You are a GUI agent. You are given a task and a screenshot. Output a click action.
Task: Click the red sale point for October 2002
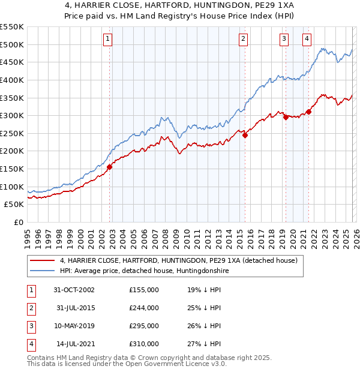coord(110,167)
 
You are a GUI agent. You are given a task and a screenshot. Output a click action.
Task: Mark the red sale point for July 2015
coord(245,136)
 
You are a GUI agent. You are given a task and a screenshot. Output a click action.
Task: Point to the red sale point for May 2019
coord(286,118)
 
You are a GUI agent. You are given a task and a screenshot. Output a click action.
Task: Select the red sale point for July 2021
coord(309,112)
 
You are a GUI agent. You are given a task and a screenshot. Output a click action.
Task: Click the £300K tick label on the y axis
coord(12,115)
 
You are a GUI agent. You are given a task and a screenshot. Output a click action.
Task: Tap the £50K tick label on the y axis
coord(14,204)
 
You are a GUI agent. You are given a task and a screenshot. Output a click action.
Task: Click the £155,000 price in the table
coord(144,289)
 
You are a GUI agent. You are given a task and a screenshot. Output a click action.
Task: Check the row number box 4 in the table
coord(31,344)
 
